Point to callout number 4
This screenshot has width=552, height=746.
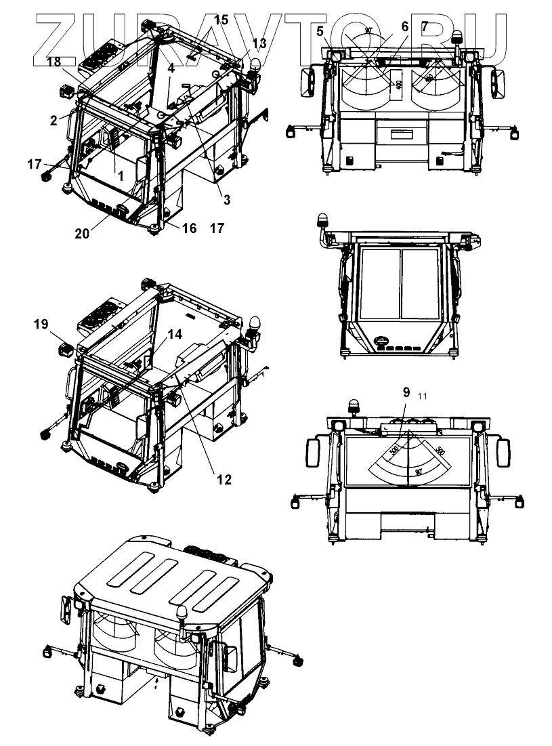(x=171, y=68)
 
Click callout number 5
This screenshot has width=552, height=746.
(x=320, y=30)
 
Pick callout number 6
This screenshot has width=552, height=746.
(x=404, y=27)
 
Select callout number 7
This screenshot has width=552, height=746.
(x=425, y=27)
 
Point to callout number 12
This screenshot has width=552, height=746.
(x=224, y=479)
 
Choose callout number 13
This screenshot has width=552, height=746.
(x=259, y=44)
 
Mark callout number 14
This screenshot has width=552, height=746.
(x=175, y=334)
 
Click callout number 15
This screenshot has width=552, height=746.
(x=221, y=20)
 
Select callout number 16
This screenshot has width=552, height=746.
(x=189, y=229)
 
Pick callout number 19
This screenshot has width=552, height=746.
(x=40, y=325)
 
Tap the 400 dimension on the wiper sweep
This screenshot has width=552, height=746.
(x=398, y=84)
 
